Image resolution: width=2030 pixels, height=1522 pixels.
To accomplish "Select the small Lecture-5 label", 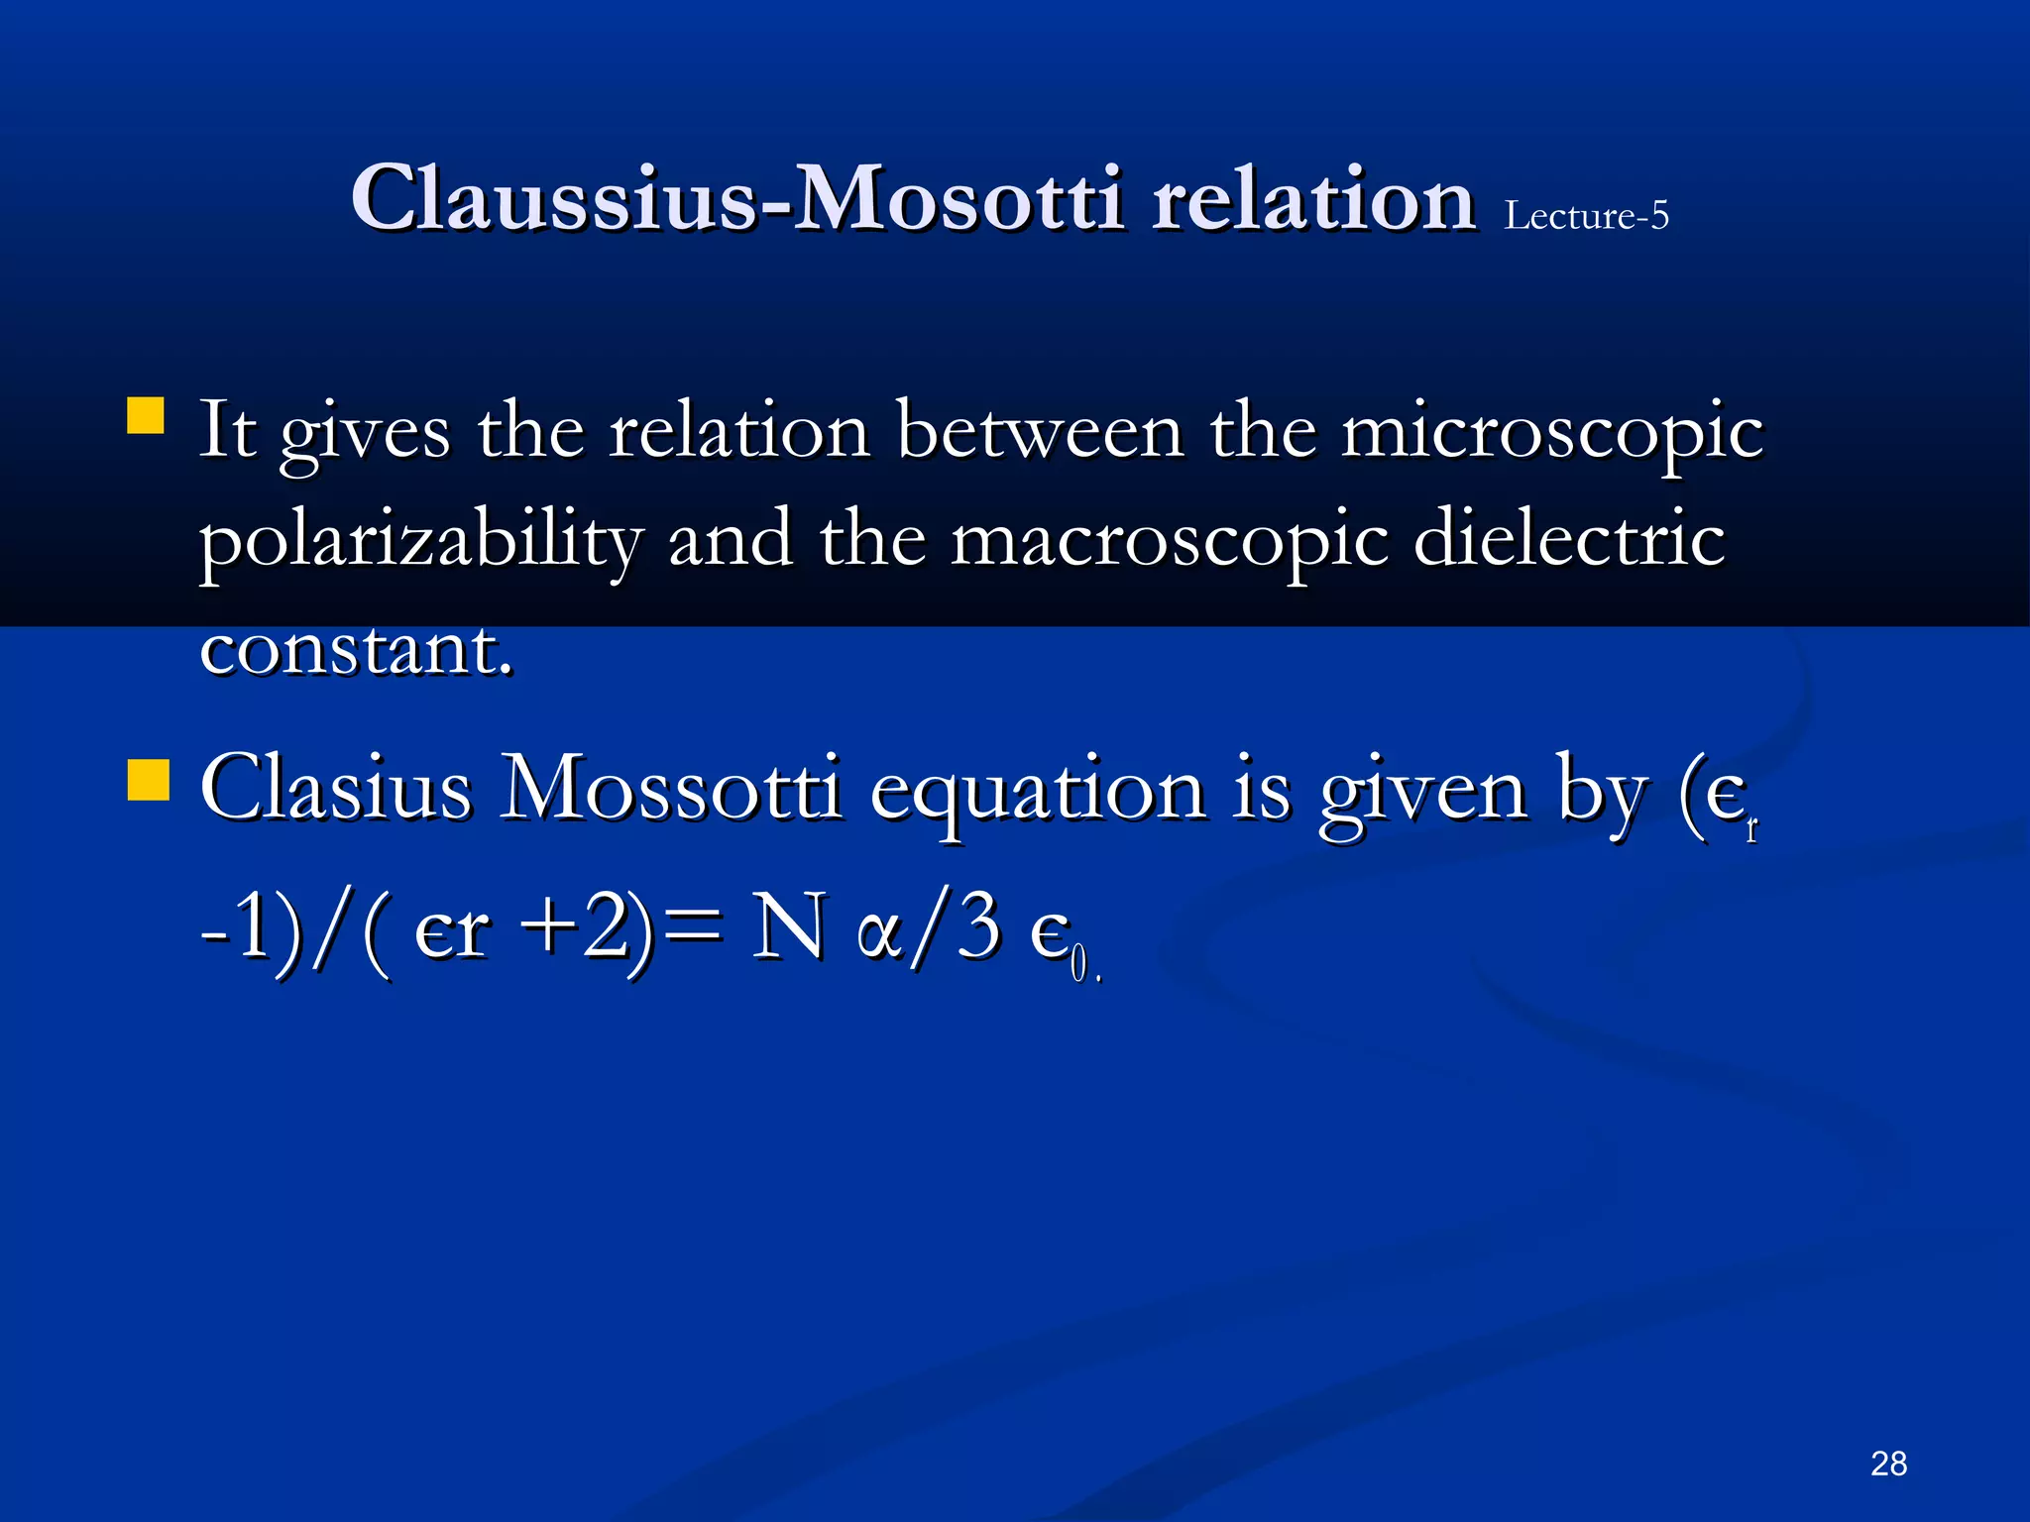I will pyautogui.click(x=1586, y=215).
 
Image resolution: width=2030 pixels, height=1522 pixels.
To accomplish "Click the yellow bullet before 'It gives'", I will pyautogui.click(x=146, y=416).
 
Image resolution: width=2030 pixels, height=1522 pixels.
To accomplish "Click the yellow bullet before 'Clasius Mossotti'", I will pyautogui.click(x=148, y=780).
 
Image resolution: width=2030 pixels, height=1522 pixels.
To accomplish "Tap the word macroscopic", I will pyautogui.click(x=1170, y=543).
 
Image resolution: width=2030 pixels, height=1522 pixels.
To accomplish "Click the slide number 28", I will pyautogui.click(x=1888, y=1464).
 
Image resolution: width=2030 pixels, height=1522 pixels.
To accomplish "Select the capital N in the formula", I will pyautogui.click(x=789, y=927).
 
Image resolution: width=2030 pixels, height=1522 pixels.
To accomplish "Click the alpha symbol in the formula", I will pyautogui.click(x=879, y=934).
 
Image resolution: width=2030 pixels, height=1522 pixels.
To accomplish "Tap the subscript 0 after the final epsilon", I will pyautogui.click(x=1078, y=965).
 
